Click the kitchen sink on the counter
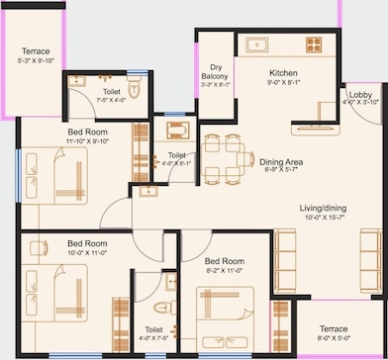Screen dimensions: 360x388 click(x=257, y=44)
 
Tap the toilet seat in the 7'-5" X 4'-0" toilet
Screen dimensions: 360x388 click(x=137, y=88)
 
